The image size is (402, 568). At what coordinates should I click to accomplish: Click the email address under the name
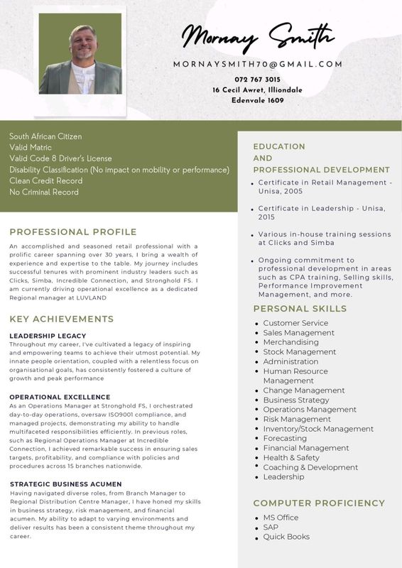tap(257, 64)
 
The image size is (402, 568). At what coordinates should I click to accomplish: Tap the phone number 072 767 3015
tap(257, 79)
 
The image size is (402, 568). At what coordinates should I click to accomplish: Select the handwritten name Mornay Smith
tap(256, 36)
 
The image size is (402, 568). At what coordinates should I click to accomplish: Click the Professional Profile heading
tap(73, 231)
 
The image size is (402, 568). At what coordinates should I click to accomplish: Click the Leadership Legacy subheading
tap(48, 336)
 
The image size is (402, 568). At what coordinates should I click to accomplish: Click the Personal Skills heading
tap(300, 309)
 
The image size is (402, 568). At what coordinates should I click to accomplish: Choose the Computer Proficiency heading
tap(319, 503)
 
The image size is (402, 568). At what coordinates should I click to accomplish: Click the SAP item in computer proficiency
tap(271, 527)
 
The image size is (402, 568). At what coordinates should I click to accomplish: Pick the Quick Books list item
tap(286, 537)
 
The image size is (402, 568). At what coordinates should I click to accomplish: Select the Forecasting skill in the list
tap(285, 438)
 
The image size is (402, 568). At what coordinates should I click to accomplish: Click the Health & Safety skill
tap(291, 457)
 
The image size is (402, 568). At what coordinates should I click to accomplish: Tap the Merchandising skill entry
tap(290, 342)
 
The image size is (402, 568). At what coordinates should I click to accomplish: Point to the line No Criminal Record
tap(44, 192)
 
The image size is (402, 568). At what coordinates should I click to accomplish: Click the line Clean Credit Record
tap(46, 181)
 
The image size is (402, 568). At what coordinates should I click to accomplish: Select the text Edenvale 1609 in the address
tap(257, 100)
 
